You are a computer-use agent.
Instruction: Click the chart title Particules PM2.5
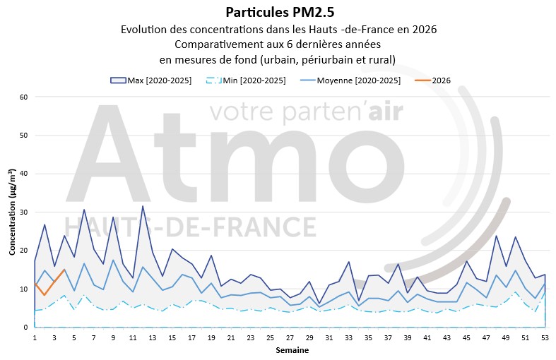point(278,13)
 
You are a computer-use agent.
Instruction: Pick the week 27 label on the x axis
point(290,338)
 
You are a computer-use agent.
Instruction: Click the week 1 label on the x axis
point(35,338)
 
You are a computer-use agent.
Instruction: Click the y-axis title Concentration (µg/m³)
point(13,212)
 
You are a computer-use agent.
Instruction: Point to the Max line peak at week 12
point(143,206)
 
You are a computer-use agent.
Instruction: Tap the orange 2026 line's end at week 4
point(64,270)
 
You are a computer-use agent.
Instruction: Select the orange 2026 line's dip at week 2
point(45,295)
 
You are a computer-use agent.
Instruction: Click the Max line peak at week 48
point(496,236)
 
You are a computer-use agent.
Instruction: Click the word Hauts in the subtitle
point(339,30)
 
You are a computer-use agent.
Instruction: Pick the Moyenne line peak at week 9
point(113,260)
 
